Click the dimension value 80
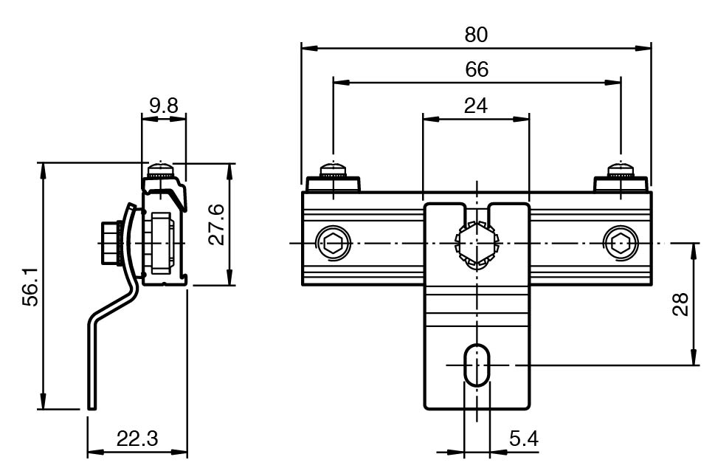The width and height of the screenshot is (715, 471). coord(476,34)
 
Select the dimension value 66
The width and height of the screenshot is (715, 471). coord(476,69)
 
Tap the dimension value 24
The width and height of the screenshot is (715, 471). coord(476,106)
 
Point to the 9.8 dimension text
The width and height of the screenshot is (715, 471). coord(163,105)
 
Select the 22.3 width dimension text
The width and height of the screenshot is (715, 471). coord(137,439)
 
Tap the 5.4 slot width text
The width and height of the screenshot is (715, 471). coord(523,439)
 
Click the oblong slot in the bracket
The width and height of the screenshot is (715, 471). coord(476,364)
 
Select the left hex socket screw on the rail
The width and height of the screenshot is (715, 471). coord(331,242)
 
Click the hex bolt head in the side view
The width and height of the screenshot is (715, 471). coord(111,242)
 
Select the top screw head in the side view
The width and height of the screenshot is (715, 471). coord(162,171)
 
